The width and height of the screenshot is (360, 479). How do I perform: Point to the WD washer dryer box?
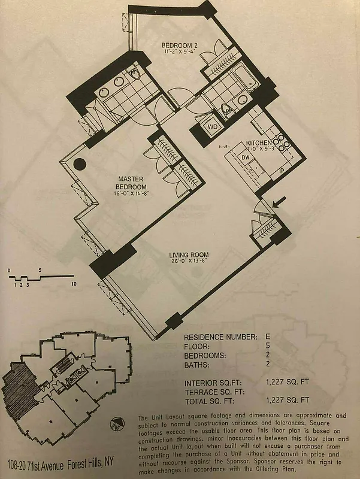click(x=212, y=127)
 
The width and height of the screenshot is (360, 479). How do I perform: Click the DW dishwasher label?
click(x=245, y=157)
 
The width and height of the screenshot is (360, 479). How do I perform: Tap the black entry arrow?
click(x=277, y=204)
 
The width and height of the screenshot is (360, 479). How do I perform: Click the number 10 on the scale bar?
click(x=73, y=284)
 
